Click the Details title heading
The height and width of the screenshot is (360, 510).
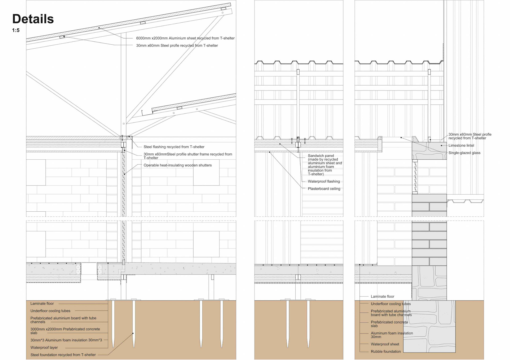tap(33, 19)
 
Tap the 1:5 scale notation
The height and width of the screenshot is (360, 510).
tap(16, 30)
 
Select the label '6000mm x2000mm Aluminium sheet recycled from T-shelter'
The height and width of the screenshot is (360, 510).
tap(185, 38)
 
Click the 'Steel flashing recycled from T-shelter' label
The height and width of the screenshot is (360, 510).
tap(174, 147)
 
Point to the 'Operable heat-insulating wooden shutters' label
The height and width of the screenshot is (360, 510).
tap(177, 165)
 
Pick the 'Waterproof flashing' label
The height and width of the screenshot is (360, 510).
tap(324, 181)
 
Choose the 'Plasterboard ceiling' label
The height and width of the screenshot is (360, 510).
tap(324, 189)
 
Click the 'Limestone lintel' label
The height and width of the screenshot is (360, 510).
tap(461, 145)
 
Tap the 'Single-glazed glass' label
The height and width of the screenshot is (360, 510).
tap(464, 153)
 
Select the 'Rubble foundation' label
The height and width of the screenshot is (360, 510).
tap(385, 352)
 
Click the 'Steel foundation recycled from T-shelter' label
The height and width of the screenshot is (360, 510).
tap(63, 355)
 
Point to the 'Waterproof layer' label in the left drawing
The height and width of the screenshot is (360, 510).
tap(44, 348)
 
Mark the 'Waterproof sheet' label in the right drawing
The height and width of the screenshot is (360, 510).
tap(385, 344)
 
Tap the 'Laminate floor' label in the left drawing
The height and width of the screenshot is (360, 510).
tap(42, 303)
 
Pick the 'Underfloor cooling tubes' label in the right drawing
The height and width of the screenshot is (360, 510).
tap(390, 304)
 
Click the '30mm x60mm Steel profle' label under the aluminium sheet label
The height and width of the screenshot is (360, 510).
tap(177, 46)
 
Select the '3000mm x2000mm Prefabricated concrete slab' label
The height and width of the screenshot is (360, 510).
tap(65, 331)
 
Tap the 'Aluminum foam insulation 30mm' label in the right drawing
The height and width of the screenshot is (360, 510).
tap(392, 335)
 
